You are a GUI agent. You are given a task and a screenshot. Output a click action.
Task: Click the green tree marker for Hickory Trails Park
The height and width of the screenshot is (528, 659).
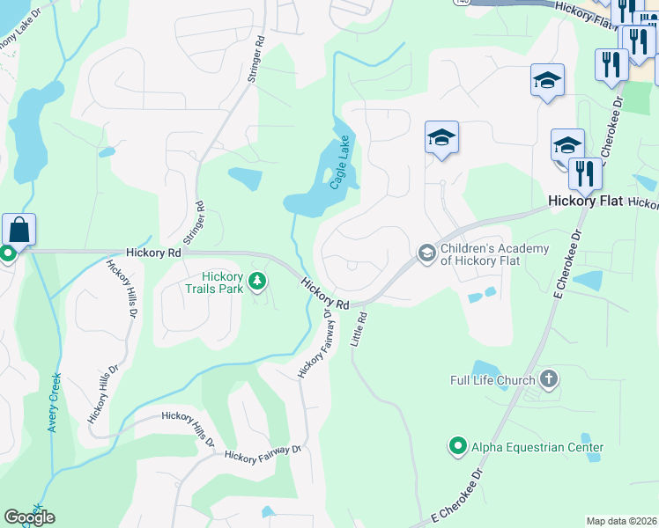click(257, 282)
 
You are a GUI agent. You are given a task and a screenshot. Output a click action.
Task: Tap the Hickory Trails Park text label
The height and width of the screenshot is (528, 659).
click(211, 282)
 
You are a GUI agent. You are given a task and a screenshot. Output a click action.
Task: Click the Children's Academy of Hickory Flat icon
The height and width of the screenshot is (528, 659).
click(426, 253)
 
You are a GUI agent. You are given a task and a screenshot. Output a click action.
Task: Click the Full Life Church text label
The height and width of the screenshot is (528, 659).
click(491, 380)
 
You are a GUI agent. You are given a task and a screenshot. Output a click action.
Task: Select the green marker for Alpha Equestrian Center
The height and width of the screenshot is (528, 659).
click(457, 447)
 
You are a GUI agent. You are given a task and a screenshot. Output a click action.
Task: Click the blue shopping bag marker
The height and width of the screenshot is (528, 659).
click(19, 231)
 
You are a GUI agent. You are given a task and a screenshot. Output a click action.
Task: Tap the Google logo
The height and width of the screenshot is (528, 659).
click(29, 517)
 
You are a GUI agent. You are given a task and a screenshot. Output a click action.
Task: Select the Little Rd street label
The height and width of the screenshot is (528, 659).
click(359, 327)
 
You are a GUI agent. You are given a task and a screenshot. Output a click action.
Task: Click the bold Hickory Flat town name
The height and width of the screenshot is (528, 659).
click(586, 201)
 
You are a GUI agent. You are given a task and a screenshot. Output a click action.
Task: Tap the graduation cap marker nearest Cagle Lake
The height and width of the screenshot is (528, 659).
click(441, 137)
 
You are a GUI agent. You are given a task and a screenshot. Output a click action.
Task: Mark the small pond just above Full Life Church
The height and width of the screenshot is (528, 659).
click(485, 369)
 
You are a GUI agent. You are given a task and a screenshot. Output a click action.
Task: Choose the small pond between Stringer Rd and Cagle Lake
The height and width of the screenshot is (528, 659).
click(245, 177)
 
